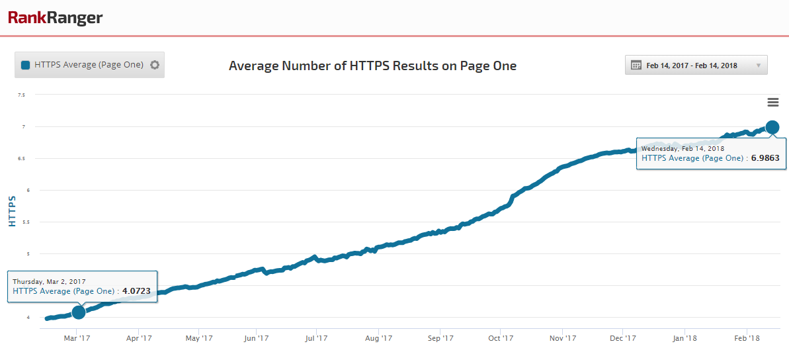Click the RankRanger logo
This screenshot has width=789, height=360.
coord(56,18)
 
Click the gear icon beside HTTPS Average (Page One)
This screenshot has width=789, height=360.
coord(155,65)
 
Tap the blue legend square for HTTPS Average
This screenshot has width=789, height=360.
coord(26,65)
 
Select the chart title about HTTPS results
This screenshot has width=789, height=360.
coord(372,66)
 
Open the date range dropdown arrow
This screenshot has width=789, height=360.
coord(758,66)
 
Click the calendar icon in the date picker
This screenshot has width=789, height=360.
coord(636,65)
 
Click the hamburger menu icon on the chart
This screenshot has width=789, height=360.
coord(772,102)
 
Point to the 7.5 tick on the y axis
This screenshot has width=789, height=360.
coord(21,95)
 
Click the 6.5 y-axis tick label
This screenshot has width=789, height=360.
coord(21,159)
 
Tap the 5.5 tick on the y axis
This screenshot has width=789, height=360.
coord(21,222)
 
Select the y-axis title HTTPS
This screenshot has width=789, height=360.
coord(12,211)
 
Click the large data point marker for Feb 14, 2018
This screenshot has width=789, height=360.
coord(772,127)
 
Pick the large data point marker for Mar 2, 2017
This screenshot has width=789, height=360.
coord(79,312)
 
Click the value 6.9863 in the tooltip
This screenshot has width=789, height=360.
coord(765,159)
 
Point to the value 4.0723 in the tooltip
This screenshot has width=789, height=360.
coord(136,291)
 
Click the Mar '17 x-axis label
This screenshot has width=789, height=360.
coord(77,339)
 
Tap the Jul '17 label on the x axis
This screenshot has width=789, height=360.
coord(316,339)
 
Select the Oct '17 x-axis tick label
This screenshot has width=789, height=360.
coord(501,339)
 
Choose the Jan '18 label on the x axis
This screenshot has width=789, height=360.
coord(684,339)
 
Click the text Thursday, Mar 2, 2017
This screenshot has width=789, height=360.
coord(49,282)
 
